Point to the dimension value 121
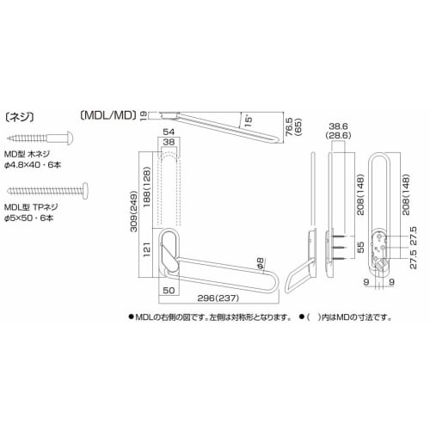tap(148, 250)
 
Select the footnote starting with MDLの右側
tap(213, 317)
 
